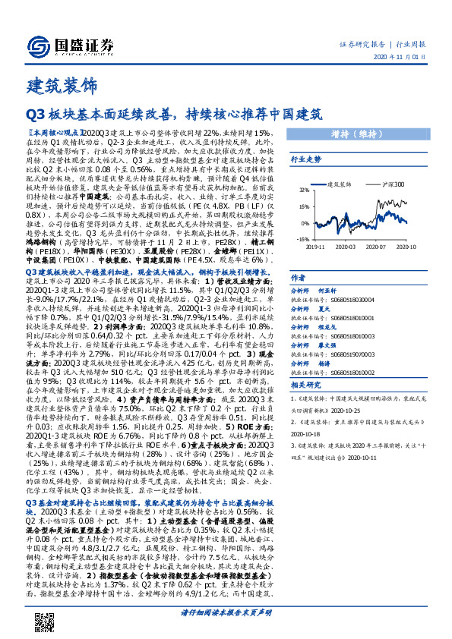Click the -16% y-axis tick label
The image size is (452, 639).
click(302, 238)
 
